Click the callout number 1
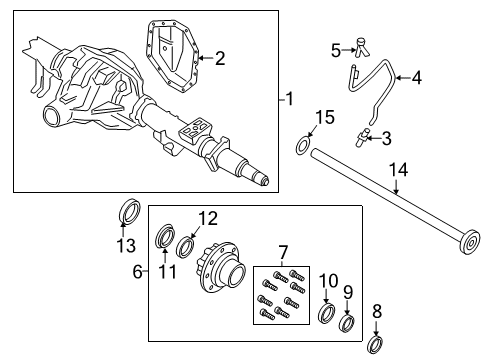click(289, 100)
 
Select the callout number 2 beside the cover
click(219, 58)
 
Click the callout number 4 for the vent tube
click(417, 77)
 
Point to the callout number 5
click(337, 47)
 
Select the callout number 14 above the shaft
click(398, 171)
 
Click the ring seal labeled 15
click(302, 149)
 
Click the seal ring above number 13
click(129, 213)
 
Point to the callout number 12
click(207, 218)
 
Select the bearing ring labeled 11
click(165, 240)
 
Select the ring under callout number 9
click(348, 322)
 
